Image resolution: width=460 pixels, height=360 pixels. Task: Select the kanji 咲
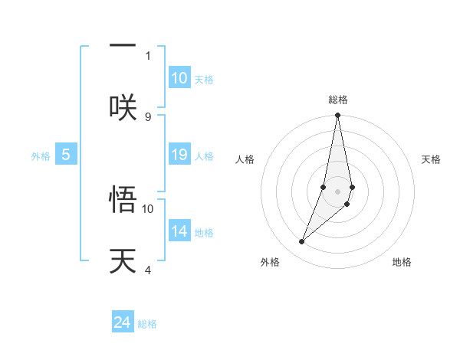[123, 105]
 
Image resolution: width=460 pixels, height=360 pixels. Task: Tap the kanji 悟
[123, 201]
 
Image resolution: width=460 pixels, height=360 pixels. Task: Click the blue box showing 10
[179, 78]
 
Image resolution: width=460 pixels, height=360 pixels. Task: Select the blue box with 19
[179, 155]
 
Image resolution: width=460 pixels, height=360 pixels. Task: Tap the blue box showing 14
[179, 231]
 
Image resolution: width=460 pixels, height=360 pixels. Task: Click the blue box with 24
[123, 322]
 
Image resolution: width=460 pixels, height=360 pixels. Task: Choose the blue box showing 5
[66, 155]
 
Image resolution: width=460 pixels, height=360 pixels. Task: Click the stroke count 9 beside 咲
[148, 116]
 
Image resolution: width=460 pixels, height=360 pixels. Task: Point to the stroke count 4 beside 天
[148, 270]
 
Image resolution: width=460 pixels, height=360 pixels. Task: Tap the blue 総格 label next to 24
[147, 324]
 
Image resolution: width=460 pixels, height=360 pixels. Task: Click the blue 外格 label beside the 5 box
[41, 156]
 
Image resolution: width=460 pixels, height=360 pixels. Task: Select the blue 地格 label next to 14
[204, 233]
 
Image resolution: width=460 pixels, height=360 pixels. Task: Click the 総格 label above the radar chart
[338, 100]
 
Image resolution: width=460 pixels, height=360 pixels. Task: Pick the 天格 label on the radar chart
[431, 159]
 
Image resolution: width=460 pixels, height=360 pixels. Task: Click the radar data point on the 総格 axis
[337, 116]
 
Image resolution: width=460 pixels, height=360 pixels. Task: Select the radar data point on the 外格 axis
[302, 242]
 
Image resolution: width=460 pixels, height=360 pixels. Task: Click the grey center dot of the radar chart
[337, 191]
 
